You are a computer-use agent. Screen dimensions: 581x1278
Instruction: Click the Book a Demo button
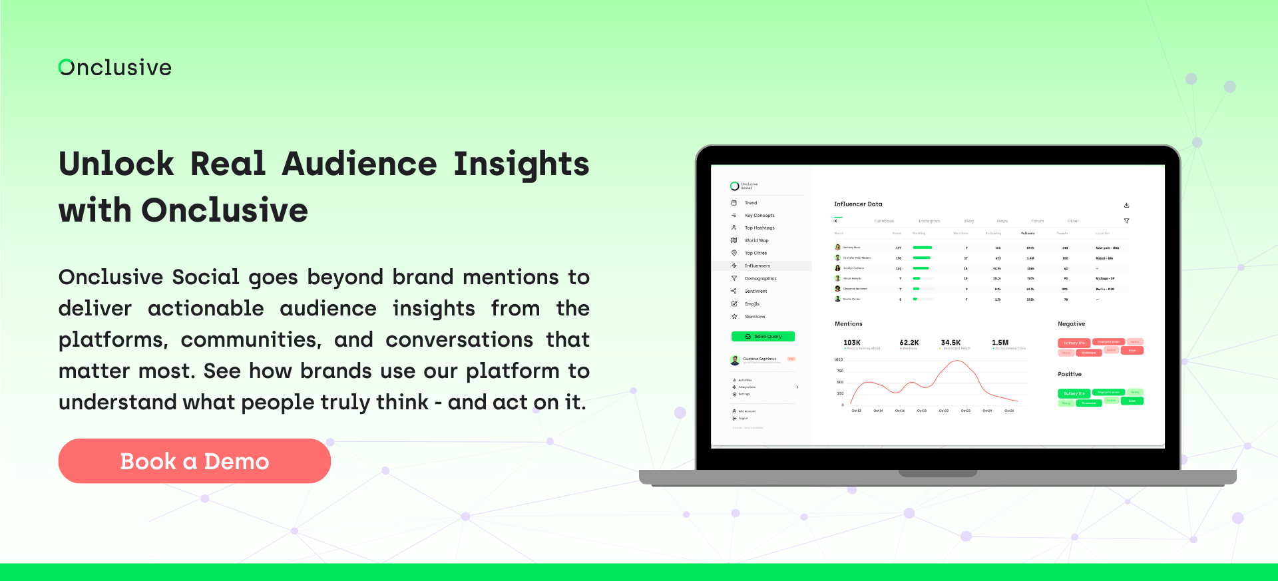194,461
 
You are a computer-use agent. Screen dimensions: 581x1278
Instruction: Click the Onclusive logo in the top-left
115,67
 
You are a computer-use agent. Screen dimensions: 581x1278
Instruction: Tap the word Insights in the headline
521,164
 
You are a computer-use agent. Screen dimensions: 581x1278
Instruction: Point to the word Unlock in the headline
116,164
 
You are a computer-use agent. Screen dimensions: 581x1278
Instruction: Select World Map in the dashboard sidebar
756,240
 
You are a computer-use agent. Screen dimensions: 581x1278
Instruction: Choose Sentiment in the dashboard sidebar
755,291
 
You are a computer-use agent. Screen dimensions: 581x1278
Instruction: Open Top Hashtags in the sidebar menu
759,228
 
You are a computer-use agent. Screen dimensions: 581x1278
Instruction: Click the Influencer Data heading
858,204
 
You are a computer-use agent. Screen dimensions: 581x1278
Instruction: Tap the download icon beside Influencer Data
1126,205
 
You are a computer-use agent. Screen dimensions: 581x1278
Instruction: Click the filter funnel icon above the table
1126,221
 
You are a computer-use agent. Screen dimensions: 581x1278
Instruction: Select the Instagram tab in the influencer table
929,221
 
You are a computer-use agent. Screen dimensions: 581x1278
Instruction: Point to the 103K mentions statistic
852,343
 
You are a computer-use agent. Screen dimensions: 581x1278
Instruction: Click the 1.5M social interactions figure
1000,343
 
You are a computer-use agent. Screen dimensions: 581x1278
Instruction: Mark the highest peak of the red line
957,361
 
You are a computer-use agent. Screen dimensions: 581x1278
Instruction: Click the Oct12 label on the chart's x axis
856,411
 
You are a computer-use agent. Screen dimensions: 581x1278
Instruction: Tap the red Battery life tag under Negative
1074,343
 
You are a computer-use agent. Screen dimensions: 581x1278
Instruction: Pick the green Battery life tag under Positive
1074,393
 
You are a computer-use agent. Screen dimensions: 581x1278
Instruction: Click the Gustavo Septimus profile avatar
735,360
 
